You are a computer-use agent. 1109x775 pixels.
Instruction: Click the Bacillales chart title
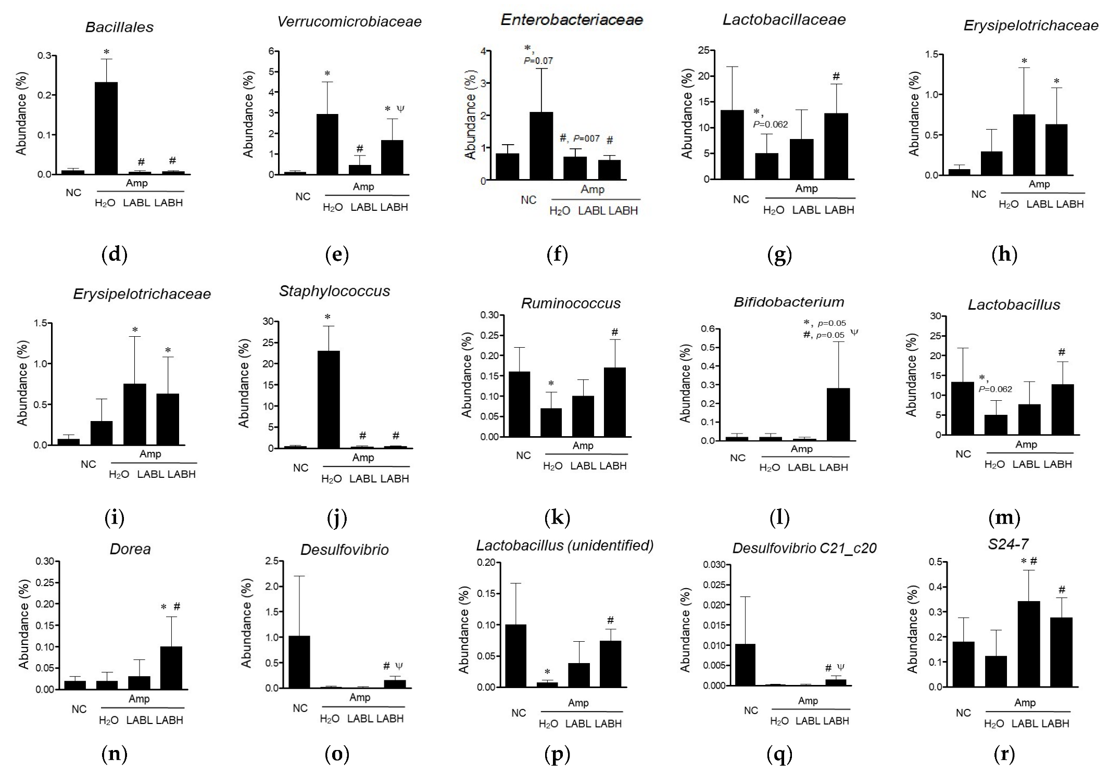[x=119, y=27]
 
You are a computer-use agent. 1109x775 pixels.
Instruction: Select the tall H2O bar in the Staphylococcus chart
[x=329, y=399]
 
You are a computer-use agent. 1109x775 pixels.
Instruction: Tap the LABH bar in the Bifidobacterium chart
[x=838, y=414]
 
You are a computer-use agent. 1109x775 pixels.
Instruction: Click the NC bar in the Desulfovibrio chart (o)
[x=299, y=662]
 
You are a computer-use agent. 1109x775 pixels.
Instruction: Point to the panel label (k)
[x=557, y=517]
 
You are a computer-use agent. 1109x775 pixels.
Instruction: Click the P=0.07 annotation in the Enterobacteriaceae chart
[x=538, y=61]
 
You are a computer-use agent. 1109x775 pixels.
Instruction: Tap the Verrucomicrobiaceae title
[x=349, y=22]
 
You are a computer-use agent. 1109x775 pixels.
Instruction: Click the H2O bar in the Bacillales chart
[x=106, y=128]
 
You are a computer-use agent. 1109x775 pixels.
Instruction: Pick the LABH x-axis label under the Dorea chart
[x=170, y=720]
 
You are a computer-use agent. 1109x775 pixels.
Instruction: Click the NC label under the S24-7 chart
[x=963, y=713]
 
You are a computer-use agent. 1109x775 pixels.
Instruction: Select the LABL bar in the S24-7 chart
[x=1028, y=644]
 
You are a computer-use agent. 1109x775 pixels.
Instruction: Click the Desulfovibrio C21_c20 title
[x=804, y=548]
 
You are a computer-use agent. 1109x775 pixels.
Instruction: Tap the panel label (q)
[x=779, y=754]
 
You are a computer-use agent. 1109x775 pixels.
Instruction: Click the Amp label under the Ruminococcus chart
[x=583, y=446]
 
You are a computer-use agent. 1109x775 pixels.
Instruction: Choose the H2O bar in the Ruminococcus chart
[x=551, y=422]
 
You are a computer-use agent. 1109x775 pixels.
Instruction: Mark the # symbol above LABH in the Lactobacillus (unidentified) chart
[x=610, y=620]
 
